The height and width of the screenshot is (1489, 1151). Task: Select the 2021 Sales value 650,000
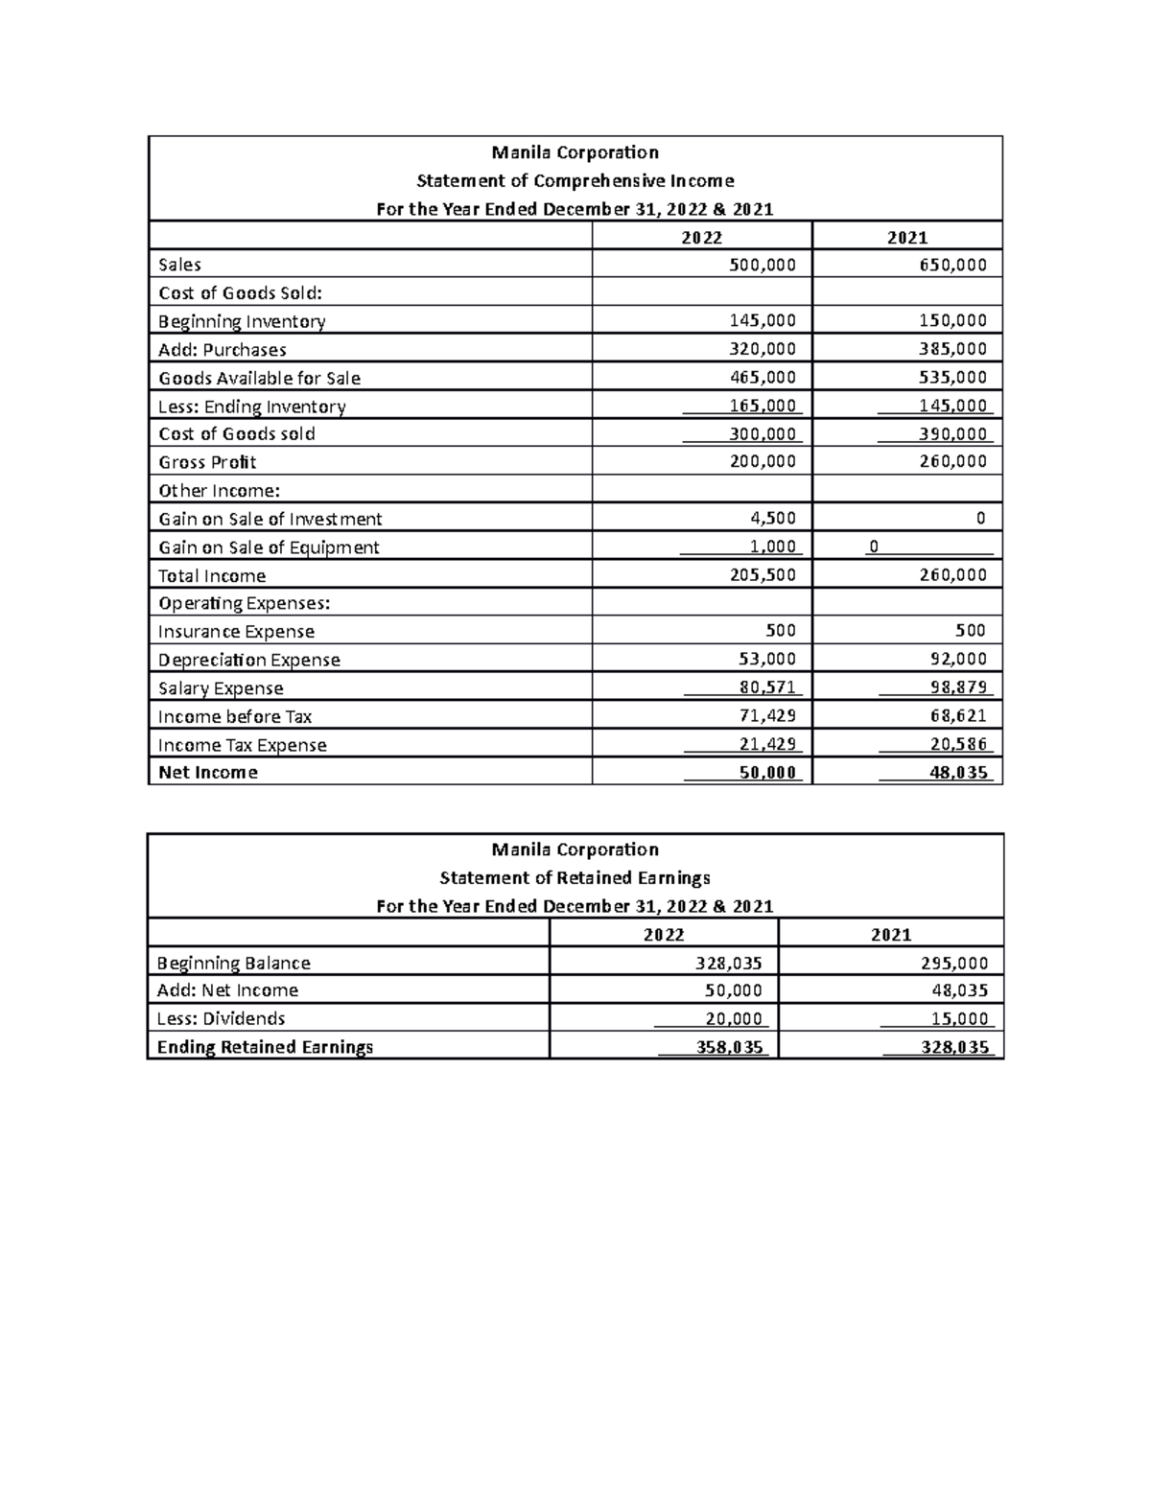click(x=952, y=265)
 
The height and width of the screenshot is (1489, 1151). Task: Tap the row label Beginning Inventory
click(x=242, y=321)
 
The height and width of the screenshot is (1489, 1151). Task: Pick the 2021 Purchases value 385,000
click(x=952, y=349)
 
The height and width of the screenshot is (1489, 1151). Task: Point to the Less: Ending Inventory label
click(x=251, y=407)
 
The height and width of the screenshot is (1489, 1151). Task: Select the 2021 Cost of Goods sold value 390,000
click(x=952, y=433)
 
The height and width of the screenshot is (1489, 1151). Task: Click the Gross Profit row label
click(x=207, y=462)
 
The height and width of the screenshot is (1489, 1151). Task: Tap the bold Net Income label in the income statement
click(x=208, y=773)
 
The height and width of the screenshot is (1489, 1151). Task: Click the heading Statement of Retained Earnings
click(x=575, y=877)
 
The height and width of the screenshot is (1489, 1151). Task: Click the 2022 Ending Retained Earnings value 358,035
click(x=730, y=1047)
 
